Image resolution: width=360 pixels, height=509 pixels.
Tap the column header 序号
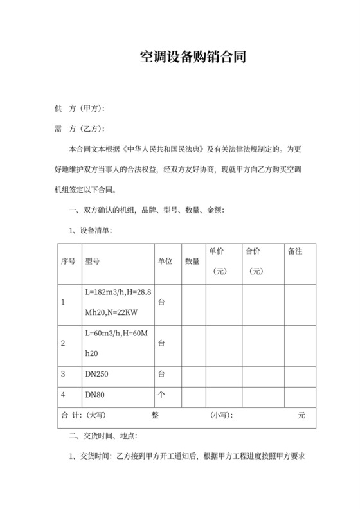[68, 262]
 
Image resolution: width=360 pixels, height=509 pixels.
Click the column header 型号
[93, 262]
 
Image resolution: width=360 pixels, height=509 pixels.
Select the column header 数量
[192, 262]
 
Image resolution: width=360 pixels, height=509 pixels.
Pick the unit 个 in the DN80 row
[161, 394]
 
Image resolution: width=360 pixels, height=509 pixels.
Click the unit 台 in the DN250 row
[161, 373]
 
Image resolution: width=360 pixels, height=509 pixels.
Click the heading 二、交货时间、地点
[102, 436]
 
